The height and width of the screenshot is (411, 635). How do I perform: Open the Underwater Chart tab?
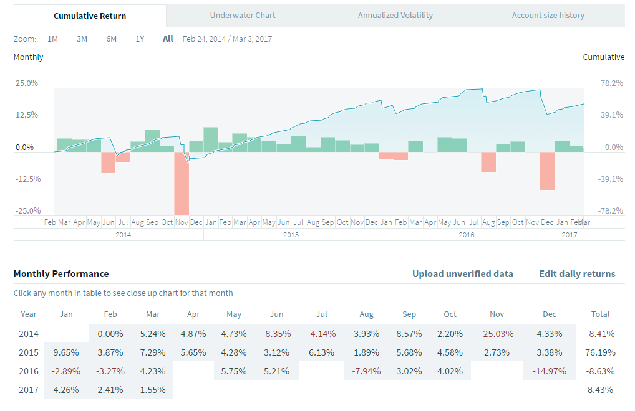243,16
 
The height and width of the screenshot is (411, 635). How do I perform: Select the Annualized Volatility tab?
395,16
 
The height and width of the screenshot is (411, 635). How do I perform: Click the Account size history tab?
548,16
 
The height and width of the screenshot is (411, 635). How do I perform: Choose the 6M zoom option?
111,39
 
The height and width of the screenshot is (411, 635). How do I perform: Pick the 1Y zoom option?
140,39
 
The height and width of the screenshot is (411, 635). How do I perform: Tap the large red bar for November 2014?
182,183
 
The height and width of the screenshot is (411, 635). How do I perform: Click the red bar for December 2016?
547,171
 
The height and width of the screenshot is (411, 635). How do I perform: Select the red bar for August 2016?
488,161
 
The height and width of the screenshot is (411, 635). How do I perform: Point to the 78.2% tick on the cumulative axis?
611,83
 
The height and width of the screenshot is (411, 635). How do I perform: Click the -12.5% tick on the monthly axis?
26,179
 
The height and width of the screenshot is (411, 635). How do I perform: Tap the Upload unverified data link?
462,274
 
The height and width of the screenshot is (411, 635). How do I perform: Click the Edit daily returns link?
577,274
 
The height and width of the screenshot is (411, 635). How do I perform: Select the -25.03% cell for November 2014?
497,333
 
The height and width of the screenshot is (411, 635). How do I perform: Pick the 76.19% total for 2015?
600,352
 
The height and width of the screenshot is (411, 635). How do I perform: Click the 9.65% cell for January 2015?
66,352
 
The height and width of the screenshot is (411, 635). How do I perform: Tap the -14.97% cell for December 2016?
549,371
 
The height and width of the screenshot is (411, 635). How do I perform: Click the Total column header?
600,314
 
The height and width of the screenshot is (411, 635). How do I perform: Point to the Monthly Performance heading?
61,274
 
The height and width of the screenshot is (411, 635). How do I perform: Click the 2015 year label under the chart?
291,235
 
